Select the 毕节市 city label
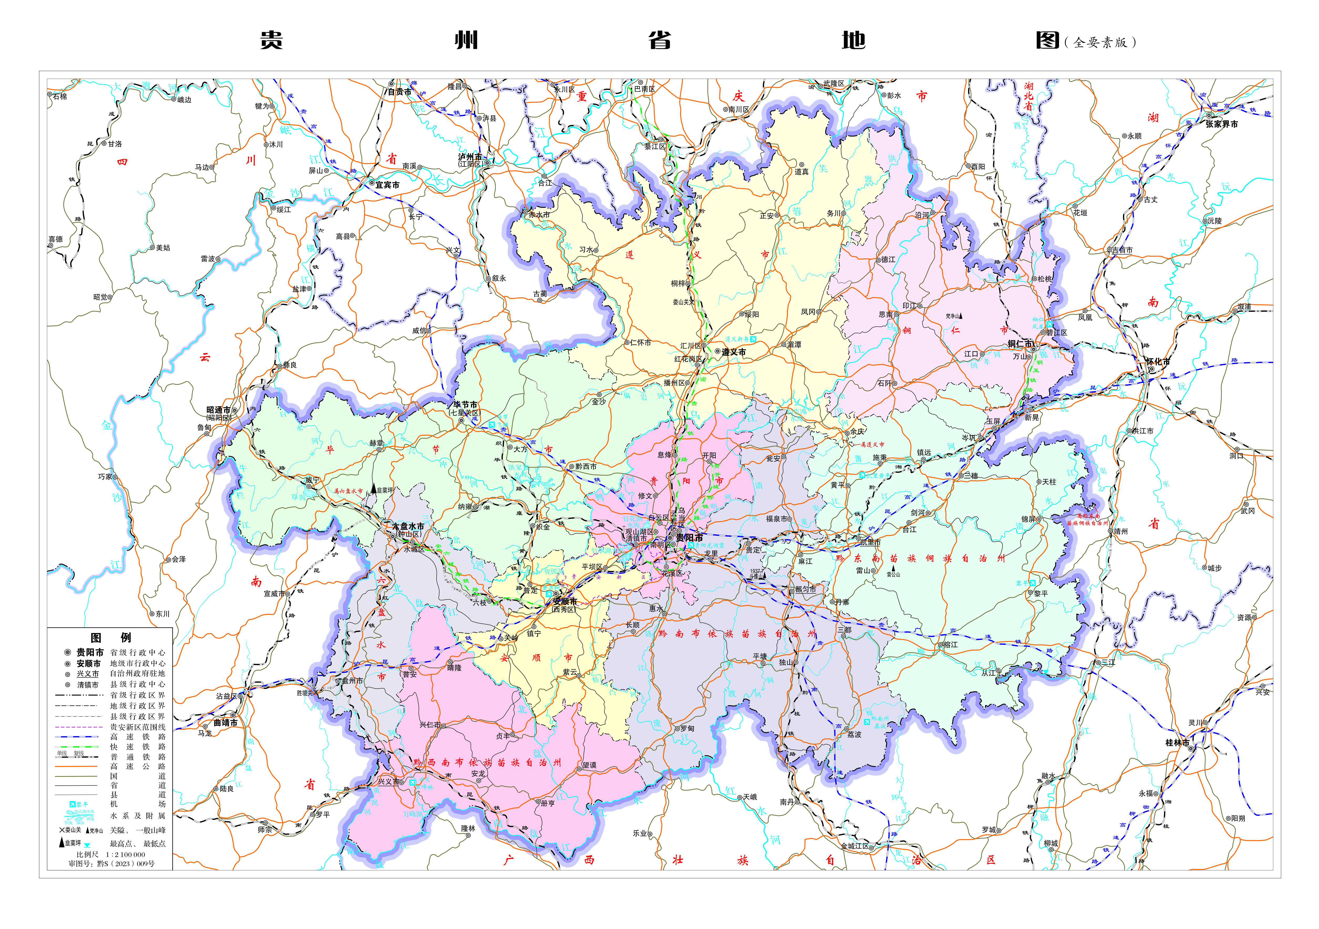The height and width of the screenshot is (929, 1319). tap(465, 405)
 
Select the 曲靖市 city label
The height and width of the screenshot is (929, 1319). tap(226, 723)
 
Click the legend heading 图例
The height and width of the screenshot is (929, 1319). tap(111, 638)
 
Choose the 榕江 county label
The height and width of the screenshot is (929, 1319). tap(951, 645)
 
